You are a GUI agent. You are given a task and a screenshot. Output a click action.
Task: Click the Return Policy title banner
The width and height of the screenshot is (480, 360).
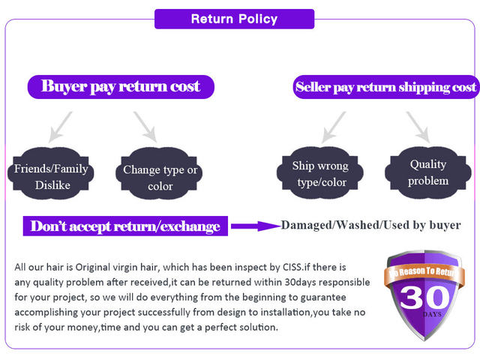tap(234, 19)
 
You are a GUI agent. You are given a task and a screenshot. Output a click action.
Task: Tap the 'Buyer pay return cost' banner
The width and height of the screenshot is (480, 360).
tap(121, 86)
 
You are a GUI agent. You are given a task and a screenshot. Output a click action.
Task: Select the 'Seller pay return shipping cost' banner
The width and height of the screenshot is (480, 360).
tap(385, 87)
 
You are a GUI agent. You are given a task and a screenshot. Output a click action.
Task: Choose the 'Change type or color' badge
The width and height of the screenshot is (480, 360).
tap(160, 178)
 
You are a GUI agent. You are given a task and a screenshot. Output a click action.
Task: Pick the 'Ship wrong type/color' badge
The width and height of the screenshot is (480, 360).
tap(320, 174)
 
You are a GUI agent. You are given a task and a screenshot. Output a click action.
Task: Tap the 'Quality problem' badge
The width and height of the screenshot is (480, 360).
tap(428, 172)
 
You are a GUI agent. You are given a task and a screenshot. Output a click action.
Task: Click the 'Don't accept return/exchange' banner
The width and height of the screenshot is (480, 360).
tap(125, 226)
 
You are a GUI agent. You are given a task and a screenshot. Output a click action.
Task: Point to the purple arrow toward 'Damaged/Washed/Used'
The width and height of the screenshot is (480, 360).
tap(254, 225)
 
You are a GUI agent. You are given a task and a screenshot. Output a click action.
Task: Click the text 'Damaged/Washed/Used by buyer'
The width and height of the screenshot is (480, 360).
tap(370, 225)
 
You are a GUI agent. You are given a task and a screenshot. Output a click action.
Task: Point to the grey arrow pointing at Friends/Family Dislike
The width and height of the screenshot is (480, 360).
tap(60, 126)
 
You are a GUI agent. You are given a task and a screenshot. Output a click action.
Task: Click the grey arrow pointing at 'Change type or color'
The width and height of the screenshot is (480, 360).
tap(145, 126)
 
